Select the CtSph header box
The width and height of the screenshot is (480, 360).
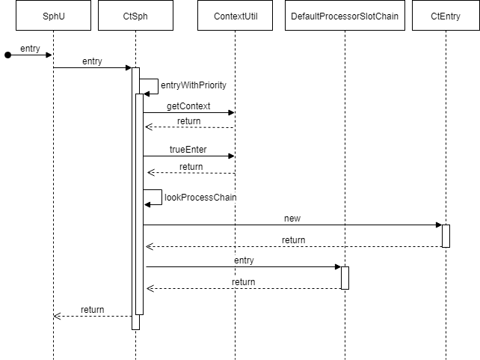[135, 15]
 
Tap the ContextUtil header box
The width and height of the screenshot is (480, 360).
[236, 15]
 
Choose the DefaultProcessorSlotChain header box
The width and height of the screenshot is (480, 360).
[345, 15]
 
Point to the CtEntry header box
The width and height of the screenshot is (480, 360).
[446, 15]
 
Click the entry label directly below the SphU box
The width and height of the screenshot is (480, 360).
[30, 49]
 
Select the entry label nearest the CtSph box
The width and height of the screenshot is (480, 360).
[92, 61]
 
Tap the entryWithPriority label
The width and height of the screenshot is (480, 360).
[194, 85]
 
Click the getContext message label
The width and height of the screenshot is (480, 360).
[188, 106]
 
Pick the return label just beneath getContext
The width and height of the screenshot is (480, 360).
[188, 120]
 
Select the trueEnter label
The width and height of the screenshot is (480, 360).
[188, 150]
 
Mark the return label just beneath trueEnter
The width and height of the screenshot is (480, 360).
[191, 167]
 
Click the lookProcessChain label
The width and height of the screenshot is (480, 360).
[200, 198]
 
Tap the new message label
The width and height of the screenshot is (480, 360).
[292, 219]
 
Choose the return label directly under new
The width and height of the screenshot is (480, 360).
[293, 240]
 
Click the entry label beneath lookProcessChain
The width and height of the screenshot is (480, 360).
[244, 260]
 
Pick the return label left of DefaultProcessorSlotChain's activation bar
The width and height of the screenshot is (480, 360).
[243, 282]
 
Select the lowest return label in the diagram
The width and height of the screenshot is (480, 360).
[92, 309]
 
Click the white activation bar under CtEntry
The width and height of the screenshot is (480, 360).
[446, 236]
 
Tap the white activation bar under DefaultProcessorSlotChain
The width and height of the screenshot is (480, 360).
[345, 278]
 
